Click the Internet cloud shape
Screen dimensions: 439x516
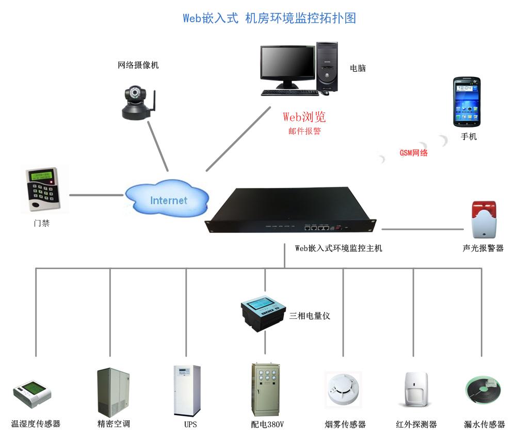coord(168,199)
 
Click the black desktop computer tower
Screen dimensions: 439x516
coord(327,67)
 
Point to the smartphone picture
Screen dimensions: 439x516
coord(466,102)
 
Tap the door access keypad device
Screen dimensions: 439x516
coord(46,190)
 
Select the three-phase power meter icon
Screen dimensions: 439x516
coord(263,310)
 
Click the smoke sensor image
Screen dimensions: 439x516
coord(343,390)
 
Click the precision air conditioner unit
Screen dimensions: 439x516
coord(113,393)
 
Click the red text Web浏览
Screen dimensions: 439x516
coord(304,117)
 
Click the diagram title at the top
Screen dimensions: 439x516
coord(269,18)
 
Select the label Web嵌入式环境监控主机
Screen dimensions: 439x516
coord(338,248)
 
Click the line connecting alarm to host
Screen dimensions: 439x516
coord(423,229)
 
